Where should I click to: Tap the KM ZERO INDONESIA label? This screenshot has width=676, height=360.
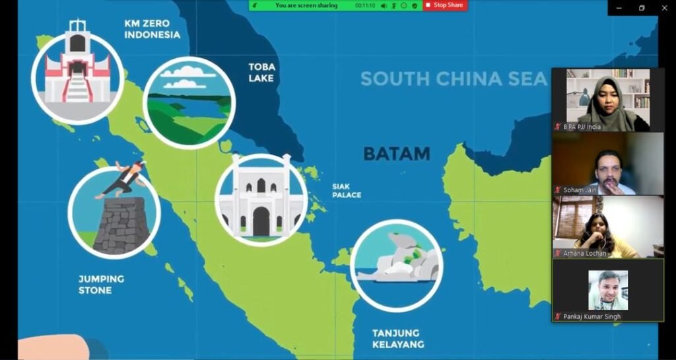coord(152,28)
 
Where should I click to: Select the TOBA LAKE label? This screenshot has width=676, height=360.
coord(261,73)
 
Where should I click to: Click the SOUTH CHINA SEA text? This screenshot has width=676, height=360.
coord(454,79)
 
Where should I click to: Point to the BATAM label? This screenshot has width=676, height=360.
coord(396,154)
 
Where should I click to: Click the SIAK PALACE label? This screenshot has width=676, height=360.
coord(347,190)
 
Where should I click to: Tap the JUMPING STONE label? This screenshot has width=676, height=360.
coord(101,284)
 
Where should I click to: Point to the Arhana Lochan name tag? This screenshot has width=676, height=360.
coord(584,253)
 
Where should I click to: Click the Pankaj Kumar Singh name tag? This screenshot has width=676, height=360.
coord(591,316)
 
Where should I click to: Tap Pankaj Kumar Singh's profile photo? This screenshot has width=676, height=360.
coord(608,290)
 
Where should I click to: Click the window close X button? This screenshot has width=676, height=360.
coord(663,7)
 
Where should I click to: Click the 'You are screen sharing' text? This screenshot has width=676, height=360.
coord(306,5)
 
